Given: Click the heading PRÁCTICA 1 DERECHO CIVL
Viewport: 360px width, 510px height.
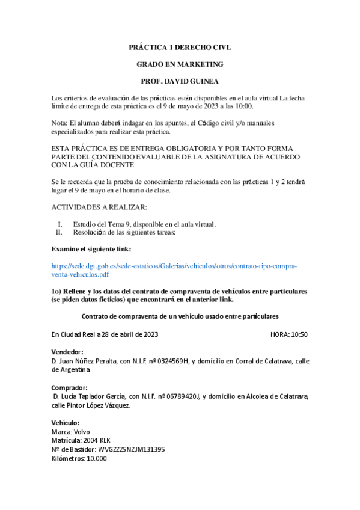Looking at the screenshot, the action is coord(180,46).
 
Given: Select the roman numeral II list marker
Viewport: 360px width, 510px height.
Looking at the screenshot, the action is coord(59,232).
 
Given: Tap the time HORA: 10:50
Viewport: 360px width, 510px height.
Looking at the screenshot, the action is coord(290,334).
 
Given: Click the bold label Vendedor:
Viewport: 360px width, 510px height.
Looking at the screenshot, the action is coord(67,352).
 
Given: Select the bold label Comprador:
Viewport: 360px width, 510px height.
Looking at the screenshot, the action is coord(70,387).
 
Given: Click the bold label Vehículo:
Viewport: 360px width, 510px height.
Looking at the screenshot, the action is coord(66,423).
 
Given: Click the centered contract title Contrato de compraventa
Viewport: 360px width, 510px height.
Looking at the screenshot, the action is coord(180,316).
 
